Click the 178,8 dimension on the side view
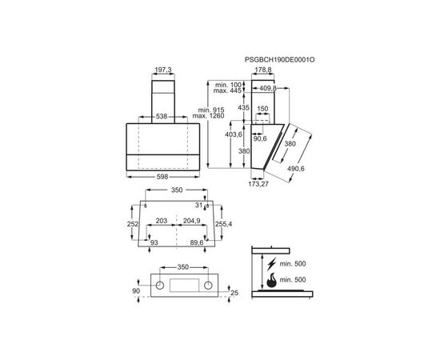(262, 70)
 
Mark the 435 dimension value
(244, 106)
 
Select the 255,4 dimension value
(223, 225)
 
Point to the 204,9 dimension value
(191, 220)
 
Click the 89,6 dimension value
(196, 242)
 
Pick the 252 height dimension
(134, 225)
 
